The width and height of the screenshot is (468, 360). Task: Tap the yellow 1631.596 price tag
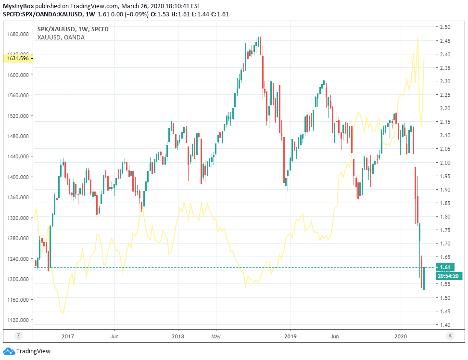(18, 59)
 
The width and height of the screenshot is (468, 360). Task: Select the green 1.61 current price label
(445, 267)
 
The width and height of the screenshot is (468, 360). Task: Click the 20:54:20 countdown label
(447, 276)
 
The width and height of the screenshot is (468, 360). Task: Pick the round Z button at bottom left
(18, 335)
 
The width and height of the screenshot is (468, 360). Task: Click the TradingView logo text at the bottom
(33, 351)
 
